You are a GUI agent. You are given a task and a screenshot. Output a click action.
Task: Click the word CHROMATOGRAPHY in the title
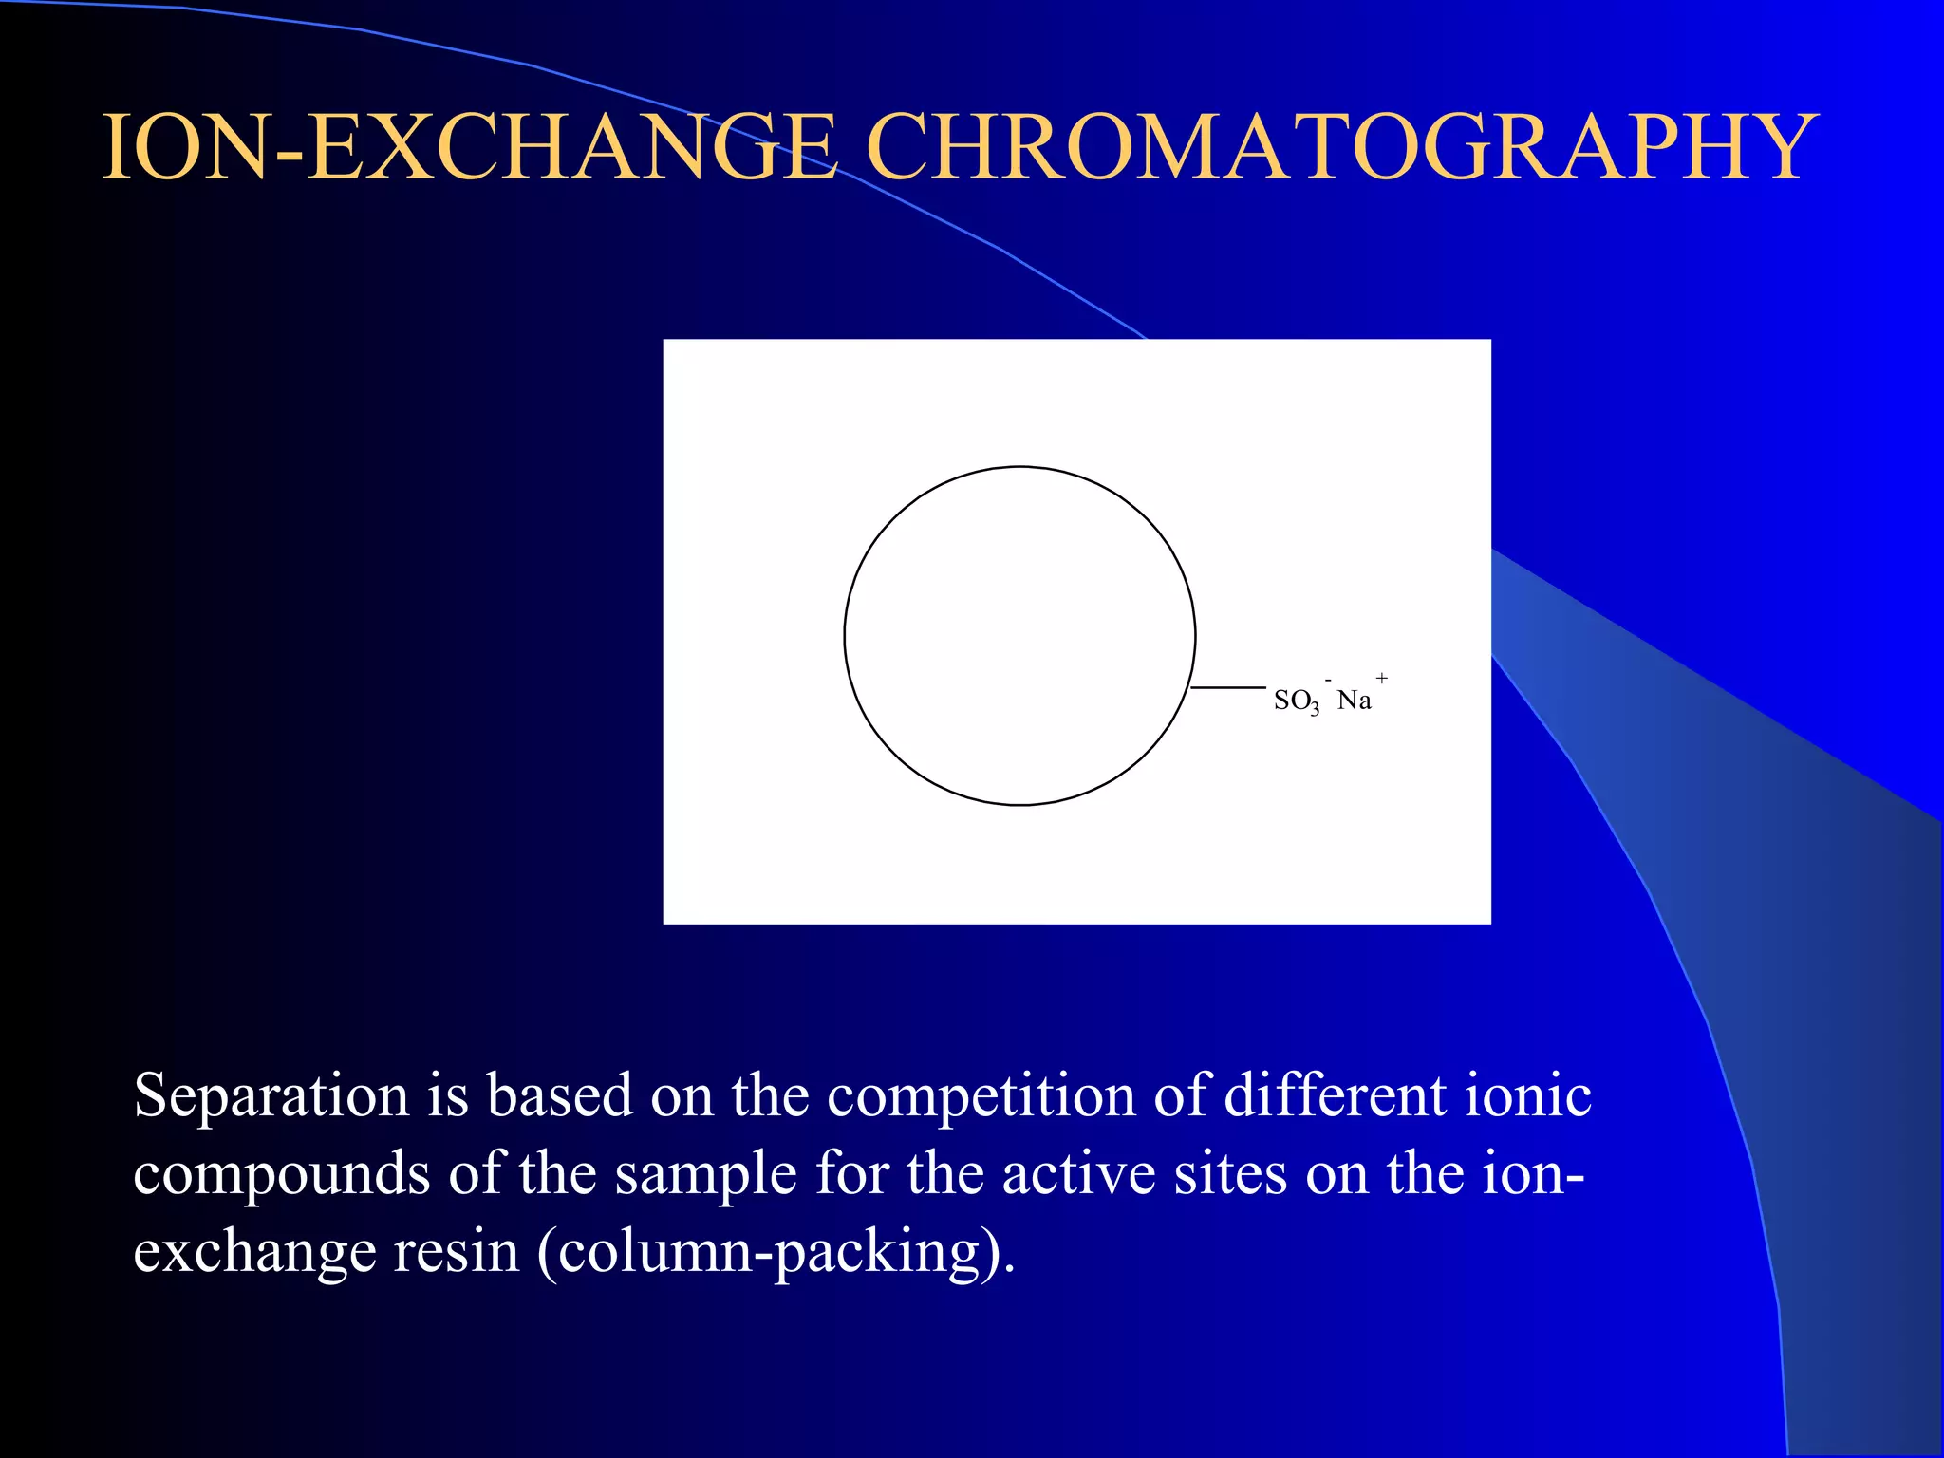click(1340, 146)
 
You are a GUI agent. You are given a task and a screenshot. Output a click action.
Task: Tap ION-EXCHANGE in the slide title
click(470, 146)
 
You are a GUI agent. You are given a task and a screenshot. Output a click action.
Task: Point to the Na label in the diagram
click(1354, 701)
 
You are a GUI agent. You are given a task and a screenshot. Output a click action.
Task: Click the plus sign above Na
click(1382, 679)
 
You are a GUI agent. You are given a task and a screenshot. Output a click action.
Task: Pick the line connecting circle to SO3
click(1228, 687)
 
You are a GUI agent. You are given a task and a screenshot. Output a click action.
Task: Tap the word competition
click(981, 1096)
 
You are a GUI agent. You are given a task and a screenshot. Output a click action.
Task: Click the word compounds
click(281, 1175)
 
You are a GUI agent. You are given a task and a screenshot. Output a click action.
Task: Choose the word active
click(1078, 1173)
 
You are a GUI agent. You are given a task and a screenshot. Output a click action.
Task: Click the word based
click(559, 1096)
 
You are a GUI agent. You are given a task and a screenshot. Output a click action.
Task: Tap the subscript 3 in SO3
click(1315, 710)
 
